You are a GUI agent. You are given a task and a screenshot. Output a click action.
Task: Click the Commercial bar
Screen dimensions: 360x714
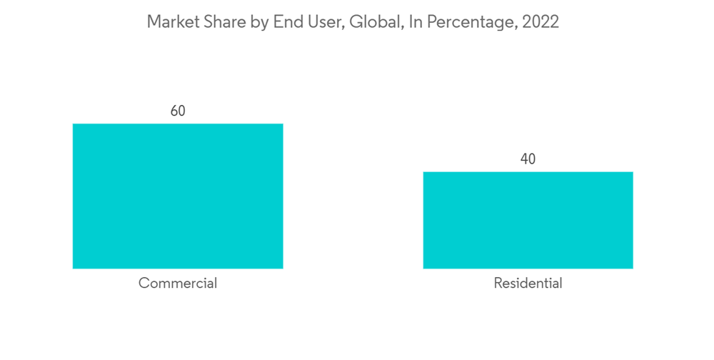tap(178, 196)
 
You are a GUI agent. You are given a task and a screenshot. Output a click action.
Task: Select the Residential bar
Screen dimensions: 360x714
tap(528, 220)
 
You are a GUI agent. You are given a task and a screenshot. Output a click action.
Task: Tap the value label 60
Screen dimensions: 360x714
tap(178, 111)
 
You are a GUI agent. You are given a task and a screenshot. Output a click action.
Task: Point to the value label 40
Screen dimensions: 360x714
tap(528, 159)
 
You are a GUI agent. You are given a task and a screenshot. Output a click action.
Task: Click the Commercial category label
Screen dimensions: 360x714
tap(178, 283)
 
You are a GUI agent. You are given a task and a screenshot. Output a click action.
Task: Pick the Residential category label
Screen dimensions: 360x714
tap(528, 283)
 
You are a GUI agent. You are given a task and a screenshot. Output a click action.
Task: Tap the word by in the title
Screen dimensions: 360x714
tap(258, 23)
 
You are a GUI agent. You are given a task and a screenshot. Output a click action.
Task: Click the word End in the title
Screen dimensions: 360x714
tap(287, 22)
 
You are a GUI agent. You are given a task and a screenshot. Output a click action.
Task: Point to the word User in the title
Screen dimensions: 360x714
tap(323, 22)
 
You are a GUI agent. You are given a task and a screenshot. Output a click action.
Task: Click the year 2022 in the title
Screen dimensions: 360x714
tap(540, 22)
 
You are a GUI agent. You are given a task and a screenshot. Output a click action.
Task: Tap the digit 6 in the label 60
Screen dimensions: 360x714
tap(174, 111)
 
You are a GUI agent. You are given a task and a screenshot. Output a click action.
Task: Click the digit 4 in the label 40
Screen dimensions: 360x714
tap(523, 159)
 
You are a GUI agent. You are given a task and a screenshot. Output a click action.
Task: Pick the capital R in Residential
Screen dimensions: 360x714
tap(498, 283)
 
